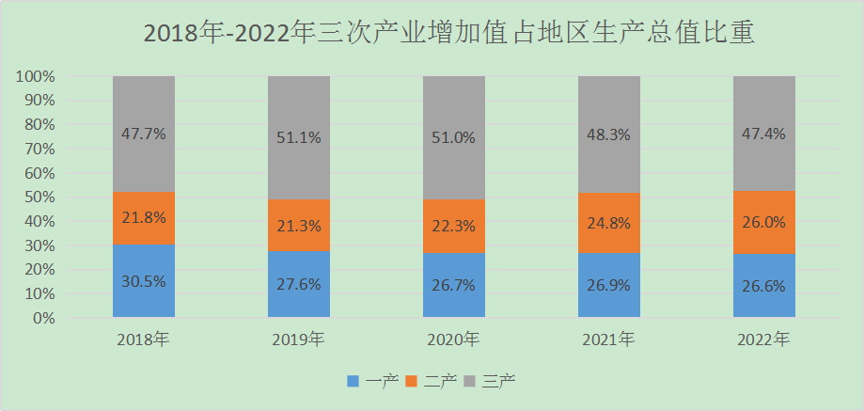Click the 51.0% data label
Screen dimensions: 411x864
tap(454, 137)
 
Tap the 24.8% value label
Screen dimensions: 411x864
tap(609, 225)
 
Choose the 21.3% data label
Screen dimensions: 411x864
tap(299, 226)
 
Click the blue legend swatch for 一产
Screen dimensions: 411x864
tap(353, 381)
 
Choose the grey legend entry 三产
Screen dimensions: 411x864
tap(498, 381)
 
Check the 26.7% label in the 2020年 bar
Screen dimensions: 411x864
tap(454, 285)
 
